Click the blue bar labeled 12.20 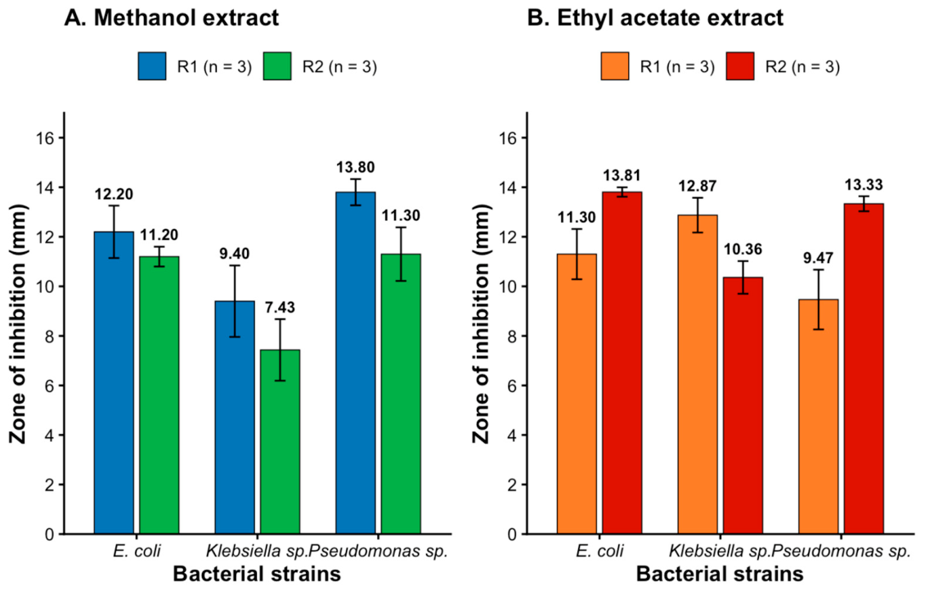(x=114, y=382)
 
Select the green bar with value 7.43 (x=281, y=442)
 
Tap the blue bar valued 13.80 (x=356, y=363)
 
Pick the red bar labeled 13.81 (x=622, y=363)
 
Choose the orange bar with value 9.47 (x=818, y=417)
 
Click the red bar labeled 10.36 (x=743, y=406)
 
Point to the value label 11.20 (x=159, y=235)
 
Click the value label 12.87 (x=698, y=186)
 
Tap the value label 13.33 (x=864, y=185)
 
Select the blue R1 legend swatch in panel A (x=152, y=66)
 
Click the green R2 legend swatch (x=276, y=66)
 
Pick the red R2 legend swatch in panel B (x=740, y=66)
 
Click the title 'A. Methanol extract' (x=171, y=18)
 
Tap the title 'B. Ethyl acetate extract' (x=655, y=18)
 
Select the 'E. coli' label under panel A (x=137, y=552)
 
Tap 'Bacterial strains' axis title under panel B (x=720, y=574)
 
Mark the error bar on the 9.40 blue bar (x=235, y=301)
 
